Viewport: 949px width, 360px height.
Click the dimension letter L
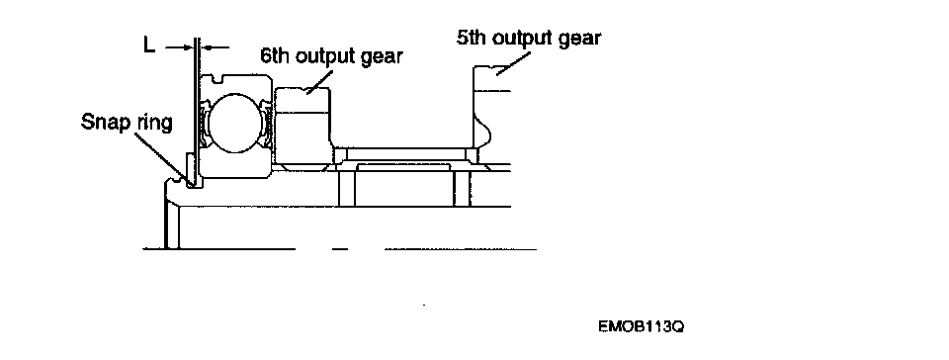tap(149, 45)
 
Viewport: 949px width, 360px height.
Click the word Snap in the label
tap(106, 123)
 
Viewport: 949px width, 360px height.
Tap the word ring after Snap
tap(154, 123)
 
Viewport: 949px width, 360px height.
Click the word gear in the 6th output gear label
tap(382, 57)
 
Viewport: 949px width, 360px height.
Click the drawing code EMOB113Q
tap(641, 327)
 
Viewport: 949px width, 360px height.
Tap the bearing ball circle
tap(236, 123)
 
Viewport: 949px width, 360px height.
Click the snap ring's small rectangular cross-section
tap(191, 170)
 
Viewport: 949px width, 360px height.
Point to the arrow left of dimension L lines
tap(179, 46)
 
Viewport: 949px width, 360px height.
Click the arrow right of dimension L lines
tap(216, 46)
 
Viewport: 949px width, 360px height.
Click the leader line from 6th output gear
tap(320, 80)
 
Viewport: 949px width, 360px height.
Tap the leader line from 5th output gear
tap(513, 63)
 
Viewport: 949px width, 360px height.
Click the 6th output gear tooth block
tap(302, 127)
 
